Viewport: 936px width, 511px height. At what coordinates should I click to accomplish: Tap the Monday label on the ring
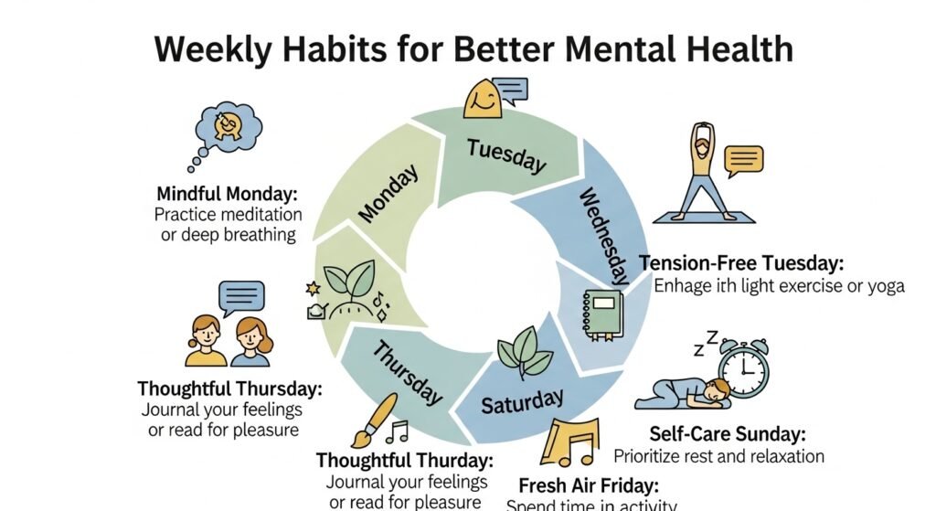pyautogui.click(x=388, y=194)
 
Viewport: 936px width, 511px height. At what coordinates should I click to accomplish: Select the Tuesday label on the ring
pyautogui.click(x=505, y=154)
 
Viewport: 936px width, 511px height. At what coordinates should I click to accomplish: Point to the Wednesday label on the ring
pyautogui.click(x=603, y=235)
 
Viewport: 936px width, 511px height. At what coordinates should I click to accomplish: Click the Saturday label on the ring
pyautogui.click(x=522, y=400)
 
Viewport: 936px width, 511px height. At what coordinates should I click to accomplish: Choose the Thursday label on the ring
pyautogui.click(x=406, y=372)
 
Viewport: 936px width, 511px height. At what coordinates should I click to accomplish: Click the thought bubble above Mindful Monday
pyautogui.click(x=226, y=130)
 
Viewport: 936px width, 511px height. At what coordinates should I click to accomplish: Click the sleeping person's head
pyautogui.click(x=719, y=390)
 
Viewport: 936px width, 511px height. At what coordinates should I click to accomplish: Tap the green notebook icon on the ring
pyautogui.click(x=601, y=314)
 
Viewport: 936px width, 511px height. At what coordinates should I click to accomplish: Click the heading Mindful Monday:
pyautogui.click(x=228, y=194)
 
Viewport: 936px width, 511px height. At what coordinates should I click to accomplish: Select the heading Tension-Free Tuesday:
pyautogui.click(x=740, y=263)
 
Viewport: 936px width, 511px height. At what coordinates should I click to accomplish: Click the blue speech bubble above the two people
pyautogui.click(x=241, y=296)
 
